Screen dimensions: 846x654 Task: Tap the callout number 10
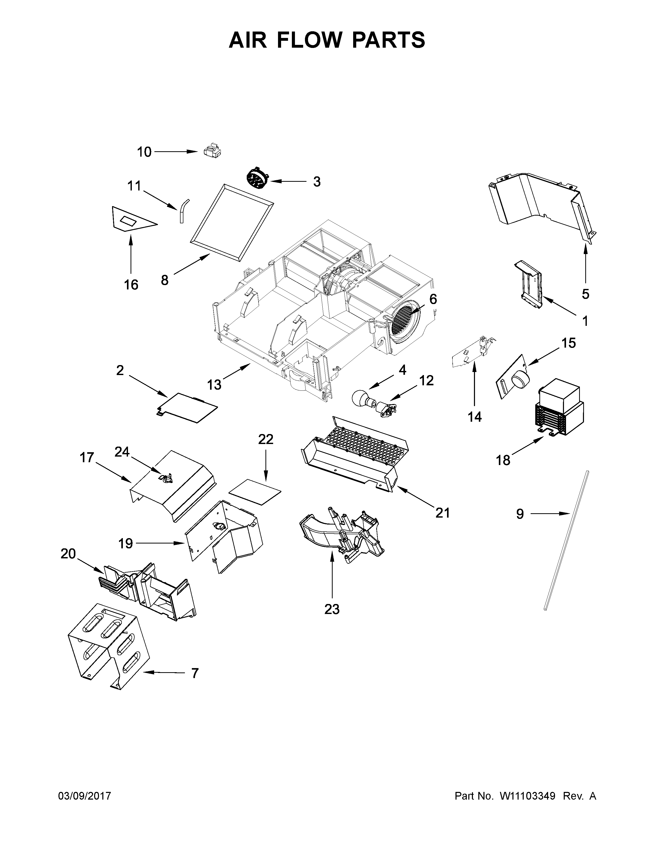[144, 152]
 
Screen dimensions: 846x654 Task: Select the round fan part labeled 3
[257, 179]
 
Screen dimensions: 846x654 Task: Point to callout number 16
[131, 285]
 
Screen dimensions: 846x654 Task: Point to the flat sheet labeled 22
[255, 491]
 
